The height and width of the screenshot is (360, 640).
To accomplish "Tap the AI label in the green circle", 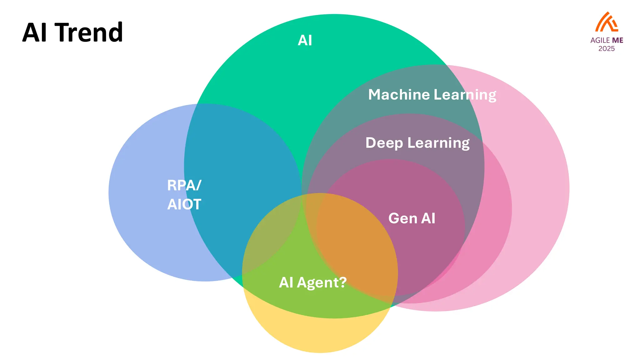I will tap(305, 41).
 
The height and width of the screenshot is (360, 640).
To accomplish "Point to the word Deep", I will tap(384, 143).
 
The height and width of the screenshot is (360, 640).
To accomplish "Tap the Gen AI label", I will tap(412, 218).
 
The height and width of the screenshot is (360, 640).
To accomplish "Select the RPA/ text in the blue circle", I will tap(184, 185).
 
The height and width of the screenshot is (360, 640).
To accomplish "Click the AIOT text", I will tap(184, 205).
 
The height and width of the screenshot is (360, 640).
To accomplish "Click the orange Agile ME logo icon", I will tap(606, 22).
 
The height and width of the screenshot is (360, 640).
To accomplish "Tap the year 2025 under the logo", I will tap(606, 49).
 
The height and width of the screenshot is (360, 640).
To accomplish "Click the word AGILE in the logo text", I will tap(600, 40).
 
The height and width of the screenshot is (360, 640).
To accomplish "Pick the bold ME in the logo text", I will tap(617, 40).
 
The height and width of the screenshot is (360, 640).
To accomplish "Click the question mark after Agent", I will tap(343, 282).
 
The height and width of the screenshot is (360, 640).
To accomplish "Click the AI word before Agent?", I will tap(286, 282).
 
